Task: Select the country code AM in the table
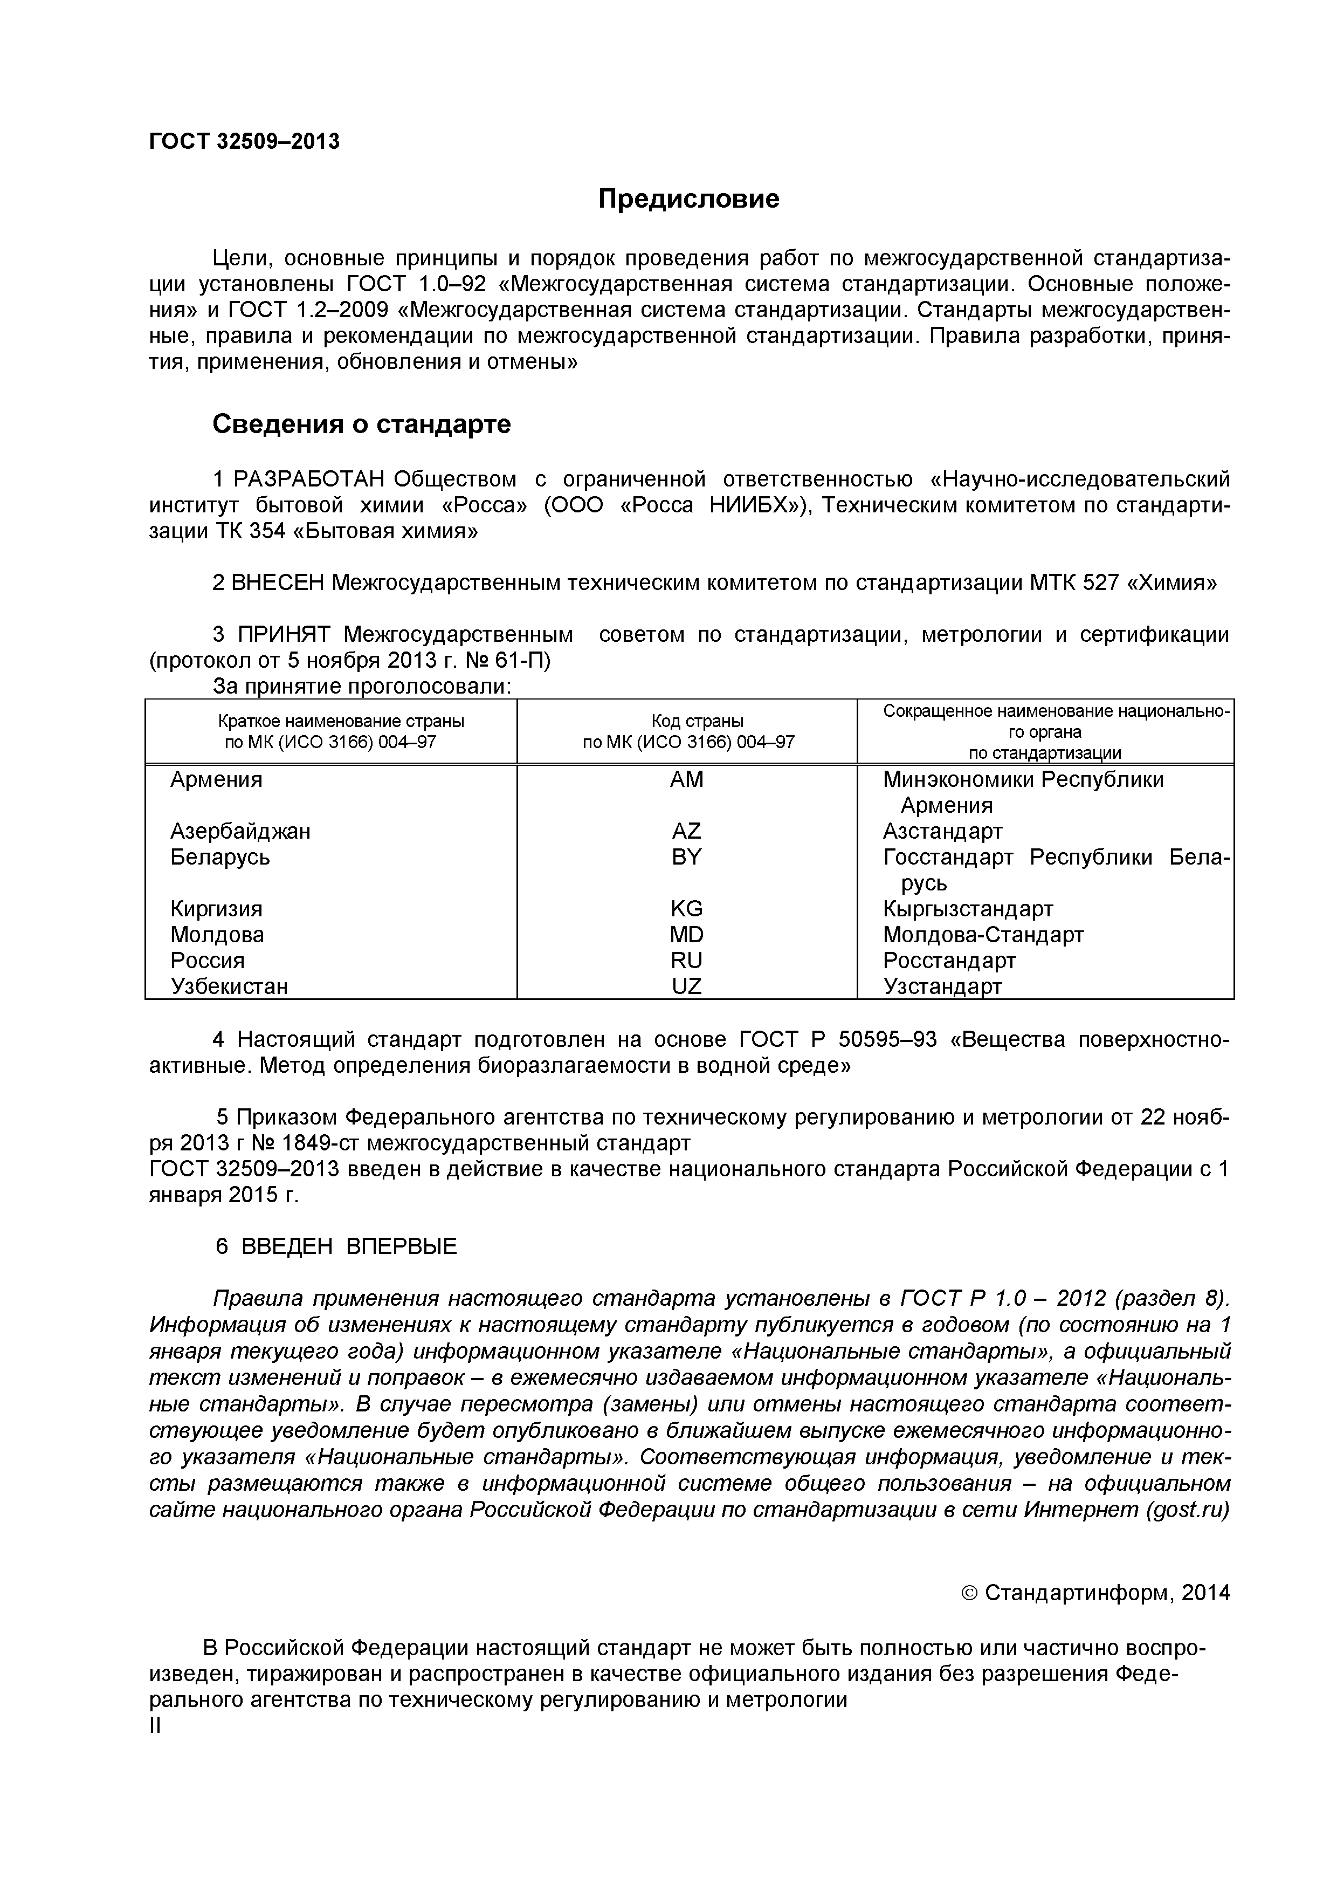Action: (x=686, y=779)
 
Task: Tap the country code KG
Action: (x=686, y=908)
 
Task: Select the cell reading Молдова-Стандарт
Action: (x=983, y=935)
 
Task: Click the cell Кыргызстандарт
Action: (x=967, y=908)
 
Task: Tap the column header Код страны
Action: (x=686, y=722)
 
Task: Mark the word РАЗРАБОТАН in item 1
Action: (x=310, y=479)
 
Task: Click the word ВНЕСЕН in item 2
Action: (x=278, y=582)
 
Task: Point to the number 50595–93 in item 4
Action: (x=886, y=1039)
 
